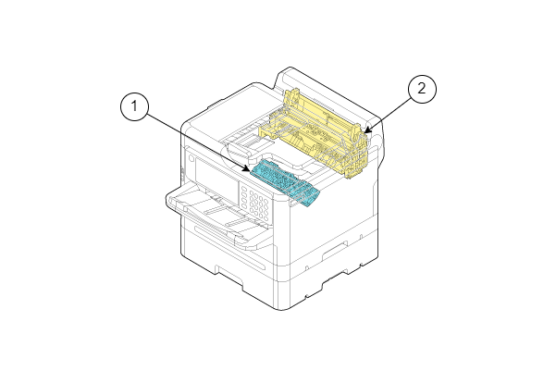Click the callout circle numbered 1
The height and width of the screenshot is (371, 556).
coord(134,106)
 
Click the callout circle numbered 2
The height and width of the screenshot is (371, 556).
coord(422,89)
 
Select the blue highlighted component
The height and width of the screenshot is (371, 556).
coord(285,182)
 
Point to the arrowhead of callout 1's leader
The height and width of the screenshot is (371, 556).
coord(247,169)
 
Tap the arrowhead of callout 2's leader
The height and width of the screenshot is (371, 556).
coord(367,130)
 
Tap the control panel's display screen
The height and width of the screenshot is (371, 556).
coord(216,178)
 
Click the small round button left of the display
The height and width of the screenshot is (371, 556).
coord(192,158)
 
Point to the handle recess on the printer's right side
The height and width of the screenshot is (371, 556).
coord(335,251)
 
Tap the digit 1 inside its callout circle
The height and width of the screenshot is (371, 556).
coord(134,106)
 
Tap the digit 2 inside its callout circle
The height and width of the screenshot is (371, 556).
coord(422,88)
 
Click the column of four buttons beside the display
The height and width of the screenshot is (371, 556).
coord(244,196)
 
